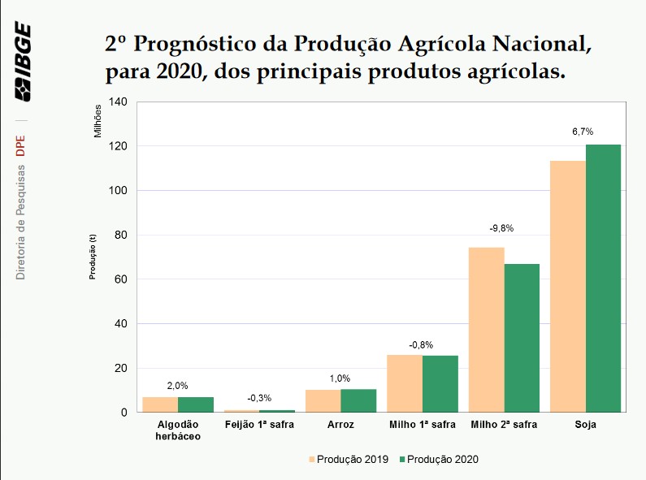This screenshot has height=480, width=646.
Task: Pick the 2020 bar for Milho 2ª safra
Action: tap(522, 338)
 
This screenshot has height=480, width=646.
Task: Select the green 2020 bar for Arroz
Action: tap(358, 400)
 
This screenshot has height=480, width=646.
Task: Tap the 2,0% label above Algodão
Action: tap(176, 385)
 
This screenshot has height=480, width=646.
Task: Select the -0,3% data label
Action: tap(259, 397)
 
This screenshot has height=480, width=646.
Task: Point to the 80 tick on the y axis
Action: tap(121, 236)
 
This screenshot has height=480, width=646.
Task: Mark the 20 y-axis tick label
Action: tap(121, 368)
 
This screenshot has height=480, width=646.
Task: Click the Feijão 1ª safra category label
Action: tap(259, 424)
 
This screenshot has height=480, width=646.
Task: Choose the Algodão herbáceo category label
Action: tap(176, 430)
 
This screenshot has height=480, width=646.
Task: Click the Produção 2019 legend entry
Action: tap(346, 459)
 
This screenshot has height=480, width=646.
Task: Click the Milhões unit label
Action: tap(98, 119)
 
